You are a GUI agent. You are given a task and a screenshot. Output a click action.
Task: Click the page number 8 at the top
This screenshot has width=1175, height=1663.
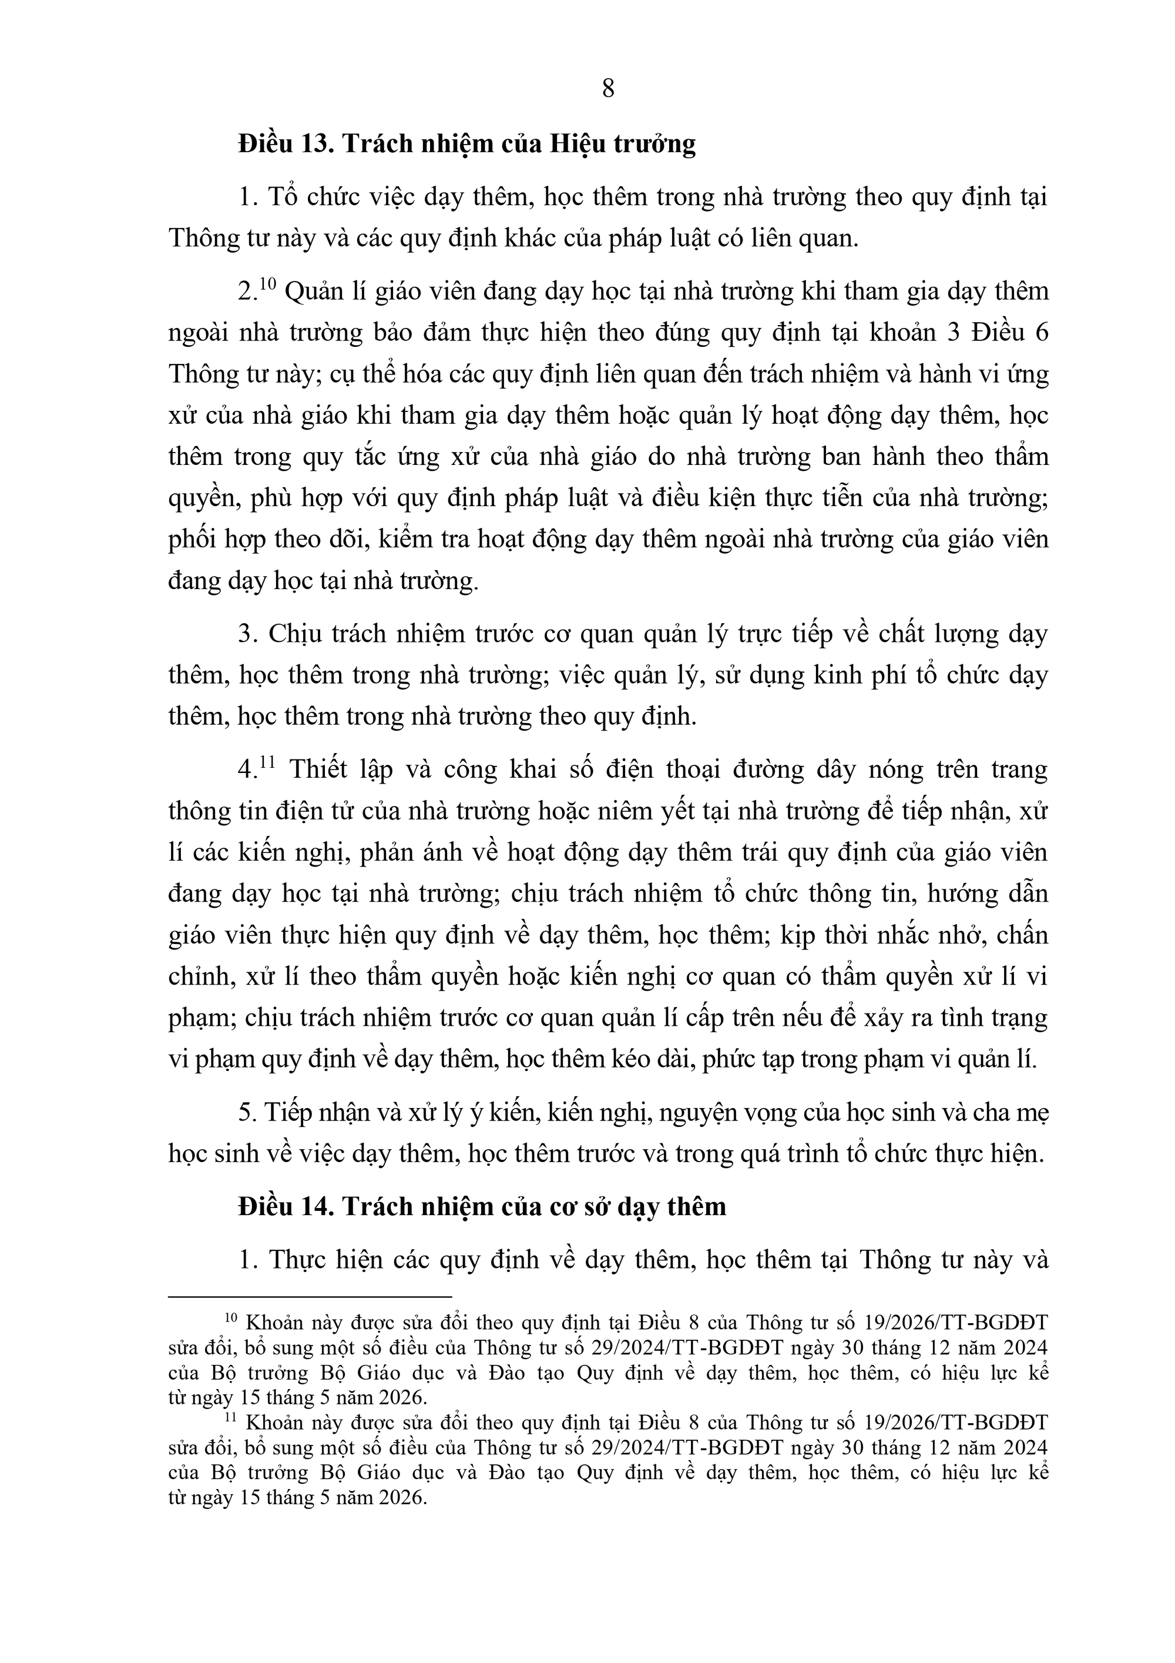click(608, 89)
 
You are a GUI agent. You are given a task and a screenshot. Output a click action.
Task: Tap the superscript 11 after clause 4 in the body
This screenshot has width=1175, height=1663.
click(267, 762)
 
